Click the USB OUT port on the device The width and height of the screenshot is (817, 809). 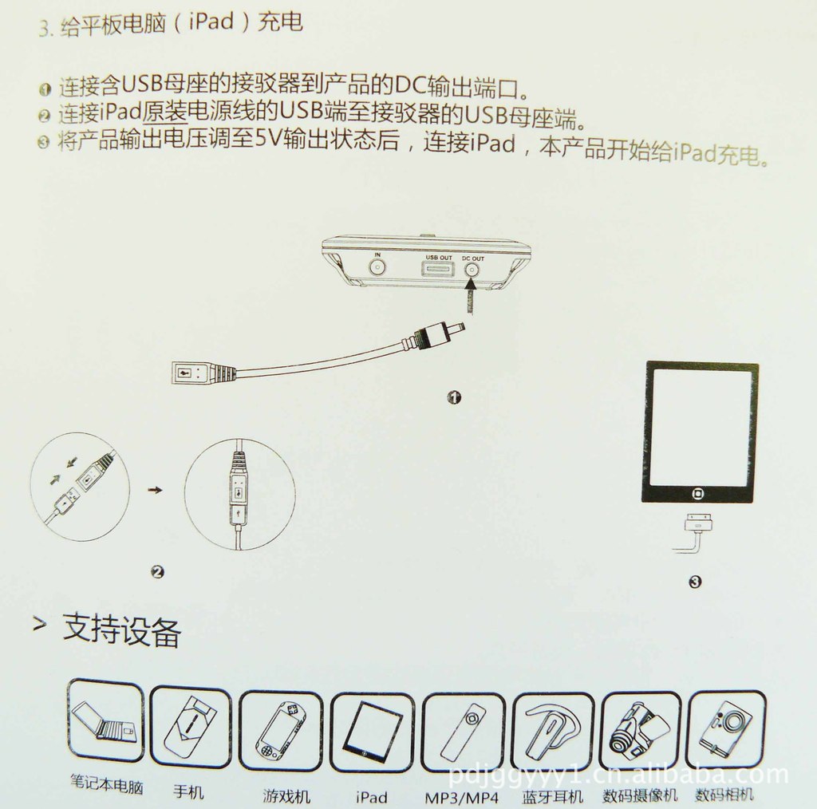tap(437, 270)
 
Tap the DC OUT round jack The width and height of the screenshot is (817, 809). tap(472, 270)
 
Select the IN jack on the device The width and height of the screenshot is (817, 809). tap(377, 268)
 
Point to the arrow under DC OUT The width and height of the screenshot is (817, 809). tap(472, 297)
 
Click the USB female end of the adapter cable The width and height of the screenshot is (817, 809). tap(191, 373)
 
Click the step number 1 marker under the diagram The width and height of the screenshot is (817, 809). tap(454, 397)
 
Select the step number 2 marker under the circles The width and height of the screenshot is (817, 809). tap(157, 572)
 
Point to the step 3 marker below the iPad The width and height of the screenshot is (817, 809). tap(695, 582)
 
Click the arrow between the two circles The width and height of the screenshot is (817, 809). tap(156, 490)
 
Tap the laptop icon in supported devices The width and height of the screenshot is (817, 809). tap(106, 720)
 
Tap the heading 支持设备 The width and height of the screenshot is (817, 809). tap(121, 630)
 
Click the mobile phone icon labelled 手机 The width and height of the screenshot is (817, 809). tap(190, 727)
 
